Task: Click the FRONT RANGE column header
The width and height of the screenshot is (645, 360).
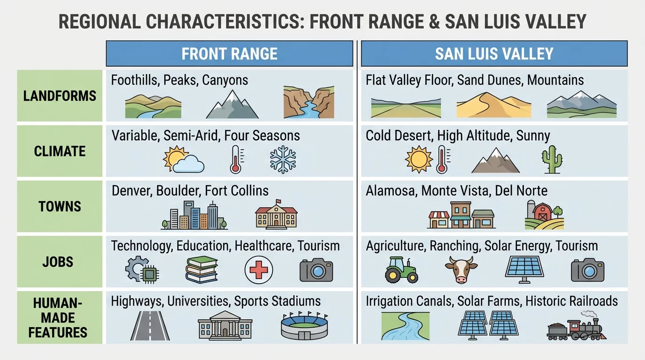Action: pyautogui.click(x=229, y=53)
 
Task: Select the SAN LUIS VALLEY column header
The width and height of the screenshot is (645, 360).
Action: pyautogui.click(x=494, y=53)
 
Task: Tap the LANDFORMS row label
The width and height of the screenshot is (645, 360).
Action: pyautogui.click(x=60, y=96)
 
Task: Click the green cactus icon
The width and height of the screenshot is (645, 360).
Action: pyautogui.click(x=551, y=160)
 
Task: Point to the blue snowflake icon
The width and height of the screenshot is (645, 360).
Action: pyautogui.click(x=283, y=159)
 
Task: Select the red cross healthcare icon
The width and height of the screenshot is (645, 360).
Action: pyautogui.click(x=259, y=270)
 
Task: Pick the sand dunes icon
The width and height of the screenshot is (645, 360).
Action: pyautogui.click(x=494, y=105)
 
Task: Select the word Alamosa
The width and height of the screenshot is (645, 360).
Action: pyautogui.click(x=391, y=191)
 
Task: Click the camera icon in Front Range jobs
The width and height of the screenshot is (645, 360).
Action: pyautogui.click(x=316, y=270)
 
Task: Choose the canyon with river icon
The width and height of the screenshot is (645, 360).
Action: pyautogui.click(x=308, y=103)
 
